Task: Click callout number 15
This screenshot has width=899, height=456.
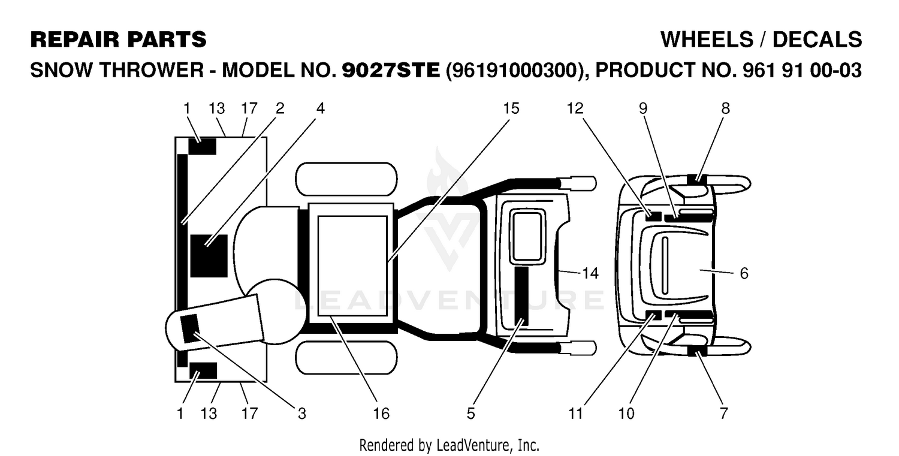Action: [511, 108]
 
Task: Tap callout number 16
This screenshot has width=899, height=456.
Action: [381, 413]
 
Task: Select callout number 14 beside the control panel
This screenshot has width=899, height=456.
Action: [590, 273]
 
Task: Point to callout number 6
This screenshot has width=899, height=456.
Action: [744, 273]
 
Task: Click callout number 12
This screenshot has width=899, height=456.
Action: [575, 108]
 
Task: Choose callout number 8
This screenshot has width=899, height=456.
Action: [726, 108]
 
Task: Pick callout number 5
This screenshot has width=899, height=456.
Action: [470, 413]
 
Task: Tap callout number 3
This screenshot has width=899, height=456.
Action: [302, 413]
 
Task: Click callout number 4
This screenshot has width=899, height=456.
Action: [320, 108]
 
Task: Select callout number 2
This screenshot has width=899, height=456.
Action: [280, 108]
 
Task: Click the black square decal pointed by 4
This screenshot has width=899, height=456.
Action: [209, 256]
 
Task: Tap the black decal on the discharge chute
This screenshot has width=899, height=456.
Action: [190, 328]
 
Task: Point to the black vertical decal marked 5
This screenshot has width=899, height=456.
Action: [522, 296]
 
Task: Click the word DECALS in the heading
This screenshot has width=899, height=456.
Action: [817, 40]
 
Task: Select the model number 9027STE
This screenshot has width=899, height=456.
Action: [391, 70]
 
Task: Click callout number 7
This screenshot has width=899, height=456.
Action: [723, 413]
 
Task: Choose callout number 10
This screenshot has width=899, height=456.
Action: [626, 413]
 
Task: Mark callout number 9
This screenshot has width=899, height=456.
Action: [643, 108]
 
